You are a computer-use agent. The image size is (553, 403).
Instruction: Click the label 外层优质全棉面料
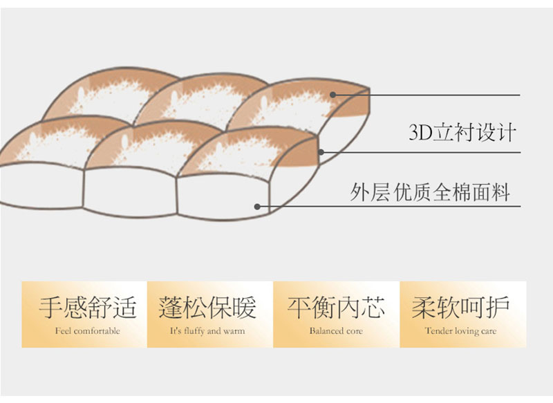(430, 191)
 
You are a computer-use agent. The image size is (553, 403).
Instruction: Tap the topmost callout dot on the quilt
(332, 95)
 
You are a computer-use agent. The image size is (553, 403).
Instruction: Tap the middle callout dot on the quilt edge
(321, 152)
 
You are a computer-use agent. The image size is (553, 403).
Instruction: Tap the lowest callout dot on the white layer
(257, 206)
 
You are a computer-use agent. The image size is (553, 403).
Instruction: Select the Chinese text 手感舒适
(88, 308)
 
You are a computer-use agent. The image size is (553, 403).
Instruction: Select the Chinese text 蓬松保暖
(207, 308)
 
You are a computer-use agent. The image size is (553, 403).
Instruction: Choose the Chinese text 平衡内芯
(336, 308)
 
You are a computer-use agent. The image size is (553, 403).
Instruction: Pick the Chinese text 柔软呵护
(460, 308)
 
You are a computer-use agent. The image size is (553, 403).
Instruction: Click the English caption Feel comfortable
(88, 331)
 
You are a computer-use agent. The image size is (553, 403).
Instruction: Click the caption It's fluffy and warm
(207, 331)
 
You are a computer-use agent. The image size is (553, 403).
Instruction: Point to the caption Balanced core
(336, 331)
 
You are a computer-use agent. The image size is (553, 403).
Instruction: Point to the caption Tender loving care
(460, 331)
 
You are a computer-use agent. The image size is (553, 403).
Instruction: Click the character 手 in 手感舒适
(50, 308)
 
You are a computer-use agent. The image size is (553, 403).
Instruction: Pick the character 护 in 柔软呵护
(498, 308)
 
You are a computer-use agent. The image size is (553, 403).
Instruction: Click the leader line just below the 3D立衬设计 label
(421, 152)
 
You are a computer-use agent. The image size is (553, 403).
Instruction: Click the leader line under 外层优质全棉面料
(389, 206)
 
